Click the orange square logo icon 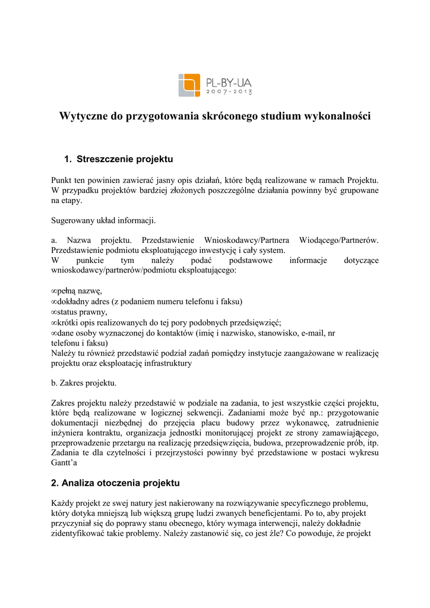coord(189,85)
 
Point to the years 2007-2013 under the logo coord(229,93)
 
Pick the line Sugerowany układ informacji coord(103,220)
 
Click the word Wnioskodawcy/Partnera coord(246,240)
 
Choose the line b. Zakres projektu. coord(84,383)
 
